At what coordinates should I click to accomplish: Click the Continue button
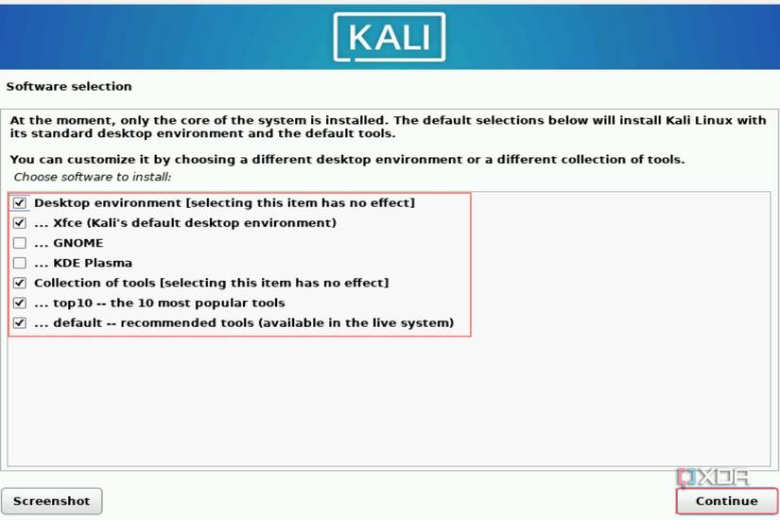tap(726, 501)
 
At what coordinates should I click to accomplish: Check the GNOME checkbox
tap(20, 243)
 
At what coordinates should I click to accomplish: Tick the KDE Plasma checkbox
tap(20, 263)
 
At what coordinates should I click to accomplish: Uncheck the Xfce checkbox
tap(20, 223)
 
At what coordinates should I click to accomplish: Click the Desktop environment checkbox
tap(20, 203)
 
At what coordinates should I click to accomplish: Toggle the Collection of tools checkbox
tap(20, 283)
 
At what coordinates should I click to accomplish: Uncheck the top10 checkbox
tap(20, 303)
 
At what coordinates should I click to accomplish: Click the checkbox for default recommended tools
tap(20, 322)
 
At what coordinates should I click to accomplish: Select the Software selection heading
tap(69, 86)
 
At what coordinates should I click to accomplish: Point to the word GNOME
tap(78, 243)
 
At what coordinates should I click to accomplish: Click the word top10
tap(75, 303)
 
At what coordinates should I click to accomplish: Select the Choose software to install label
tap(92, 177)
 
